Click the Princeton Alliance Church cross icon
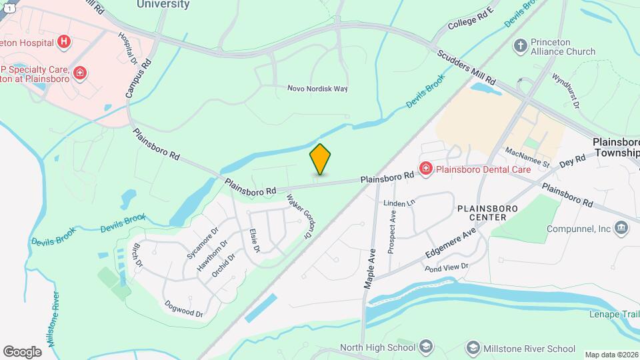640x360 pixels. (x=520, y=46)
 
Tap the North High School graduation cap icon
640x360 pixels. (x=425, y=347)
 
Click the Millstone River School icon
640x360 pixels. (x=473, y=347)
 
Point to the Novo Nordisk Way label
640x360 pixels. (x=317, y=89)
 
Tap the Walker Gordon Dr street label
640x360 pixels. (x=299, y=217)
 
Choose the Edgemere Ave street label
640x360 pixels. (x=451, y=244)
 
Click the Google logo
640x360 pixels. (x=22, y=351)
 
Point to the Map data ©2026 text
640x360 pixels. (x=611, y=355)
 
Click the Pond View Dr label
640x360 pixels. (x=447, y=267)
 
